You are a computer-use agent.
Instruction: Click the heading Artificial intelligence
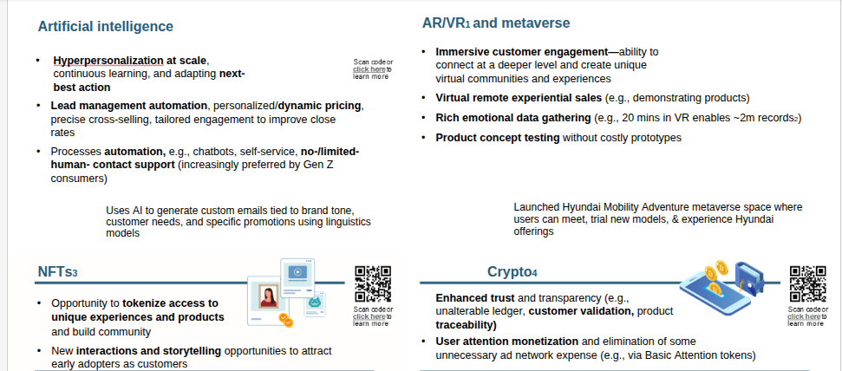point(105,26)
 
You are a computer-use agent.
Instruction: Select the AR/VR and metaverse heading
point(496,23)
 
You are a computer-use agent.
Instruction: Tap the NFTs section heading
point(57,271)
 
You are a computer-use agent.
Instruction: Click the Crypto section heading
point(512,271)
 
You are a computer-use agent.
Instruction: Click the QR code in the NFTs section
point(373,284)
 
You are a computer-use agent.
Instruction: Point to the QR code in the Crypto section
point(807,284)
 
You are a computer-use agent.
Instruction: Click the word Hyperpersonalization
point(108,60)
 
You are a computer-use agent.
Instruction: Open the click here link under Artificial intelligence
point(369,69)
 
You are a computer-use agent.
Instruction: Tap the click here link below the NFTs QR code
point(369,316)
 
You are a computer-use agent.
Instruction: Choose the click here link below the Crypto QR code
point(804,316)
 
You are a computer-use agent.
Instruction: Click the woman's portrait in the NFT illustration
point(267,296)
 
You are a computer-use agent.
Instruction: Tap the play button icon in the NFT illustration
point(297,272)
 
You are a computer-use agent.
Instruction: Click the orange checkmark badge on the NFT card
point(285,320)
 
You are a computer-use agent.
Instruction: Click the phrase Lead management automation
point(129,106)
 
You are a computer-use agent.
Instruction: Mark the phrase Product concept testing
point(498,138)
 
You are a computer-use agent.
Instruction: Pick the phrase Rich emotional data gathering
point(513,117)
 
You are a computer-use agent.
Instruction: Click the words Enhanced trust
point(475,297)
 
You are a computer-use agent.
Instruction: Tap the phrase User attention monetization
point(507,341)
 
